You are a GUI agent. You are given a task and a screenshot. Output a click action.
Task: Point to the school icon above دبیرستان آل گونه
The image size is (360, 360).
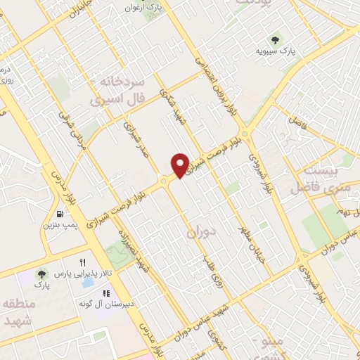106,292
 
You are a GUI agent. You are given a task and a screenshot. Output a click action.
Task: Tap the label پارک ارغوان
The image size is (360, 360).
160,7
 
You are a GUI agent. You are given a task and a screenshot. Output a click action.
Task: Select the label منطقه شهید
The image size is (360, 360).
20,311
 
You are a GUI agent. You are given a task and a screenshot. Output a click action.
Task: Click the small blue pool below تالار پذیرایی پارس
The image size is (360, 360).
87,285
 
